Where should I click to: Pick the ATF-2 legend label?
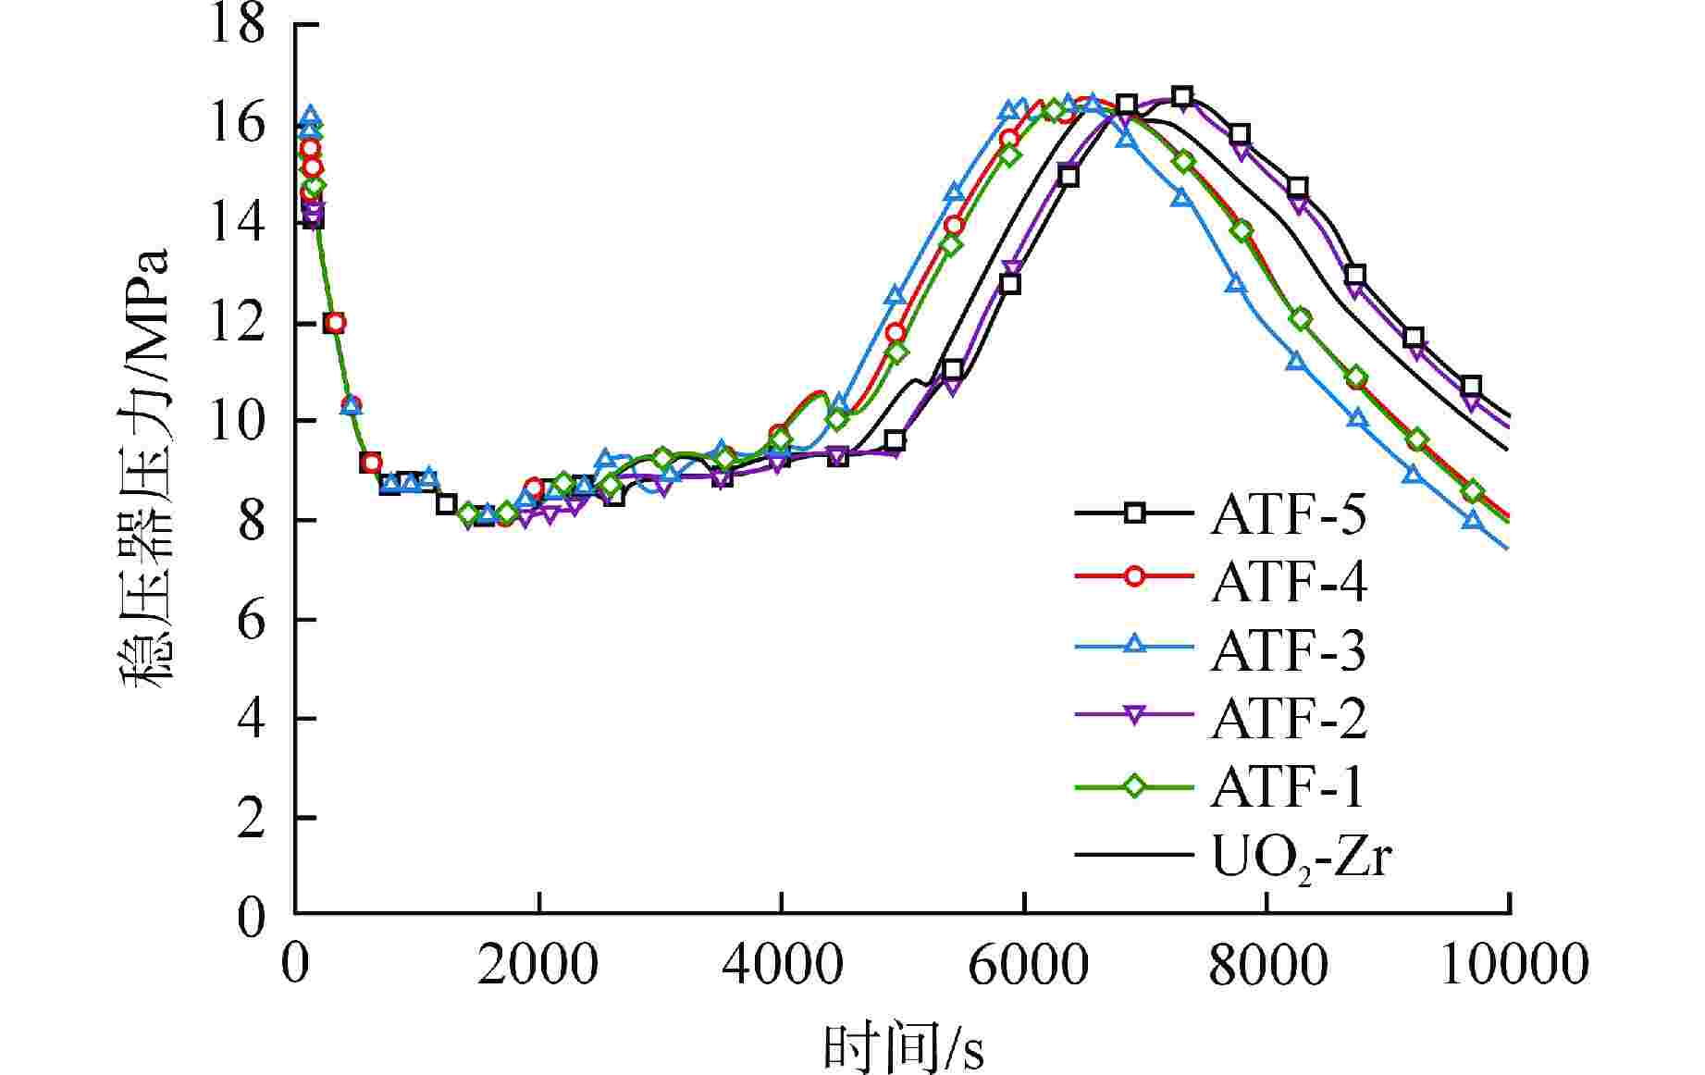(1288, 718)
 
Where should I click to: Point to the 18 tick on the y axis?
(239, 23)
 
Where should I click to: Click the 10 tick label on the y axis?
(239, 421)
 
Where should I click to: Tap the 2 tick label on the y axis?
(251, 819)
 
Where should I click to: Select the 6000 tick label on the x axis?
(1025, 965)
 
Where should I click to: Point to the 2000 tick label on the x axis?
(538, 965)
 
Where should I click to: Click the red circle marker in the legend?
(1134, 576)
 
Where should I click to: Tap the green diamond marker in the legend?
(1134, 786)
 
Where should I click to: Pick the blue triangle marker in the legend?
(1134, 646)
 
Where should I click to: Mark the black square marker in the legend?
(1134, 512)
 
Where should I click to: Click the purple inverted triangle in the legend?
(1134, 716)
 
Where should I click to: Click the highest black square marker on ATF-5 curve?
(1181, 96)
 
